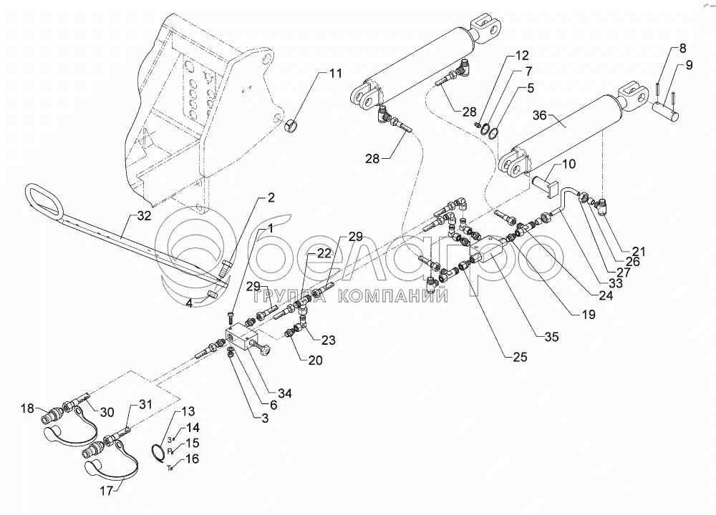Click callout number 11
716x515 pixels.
[x=336, y=73]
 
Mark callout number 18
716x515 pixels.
[x=27, y=408]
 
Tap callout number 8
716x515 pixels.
[x=682, y=49]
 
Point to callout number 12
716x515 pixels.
[x=521, y=56]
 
